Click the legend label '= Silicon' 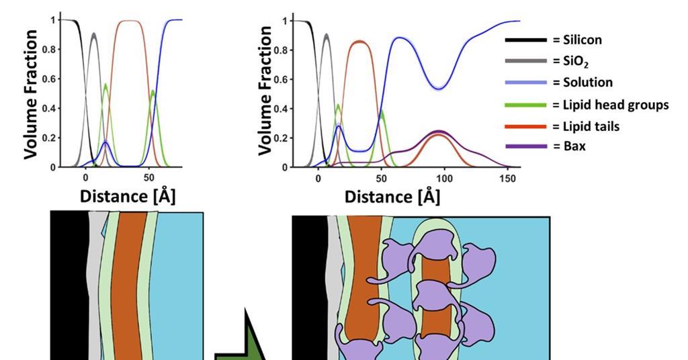pyautogui.click(x=577, y=40)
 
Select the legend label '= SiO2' pyautogui.click(x=572, y=61)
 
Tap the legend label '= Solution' pyautogui.click(x=583, y=82)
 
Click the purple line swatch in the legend pyautogui.click(x=525, y=146)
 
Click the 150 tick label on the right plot pyautogui.click(x=508, y=179)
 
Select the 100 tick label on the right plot pyautogui.click(x=445, y=179)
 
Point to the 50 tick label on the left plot pyautogui.click(x=149, y=179)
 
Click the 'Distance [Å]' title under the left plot pyautogui.click(x=128, y=196)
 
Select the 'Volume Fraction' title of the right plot pyautogui.click(x=265, y=90)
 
